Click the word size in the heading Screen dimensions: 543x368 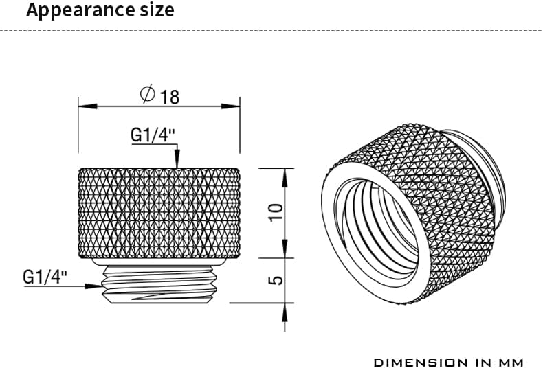tap(157, 10)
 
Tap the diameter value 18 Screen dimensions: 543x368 tap(170, 97)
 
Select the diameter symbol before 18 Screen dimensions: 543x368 tap(148, 93)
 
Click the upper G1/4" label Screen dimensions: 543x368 tap(153, 135)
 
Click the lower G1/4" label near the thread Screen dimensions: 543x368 tap(45, 277)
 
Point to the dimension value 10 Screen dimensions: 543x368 tap(276, 212)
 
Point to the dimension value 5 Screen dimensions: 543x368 tap(276, 280)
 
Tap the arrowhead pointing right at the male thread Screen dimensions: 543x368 tap(93, 286)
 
